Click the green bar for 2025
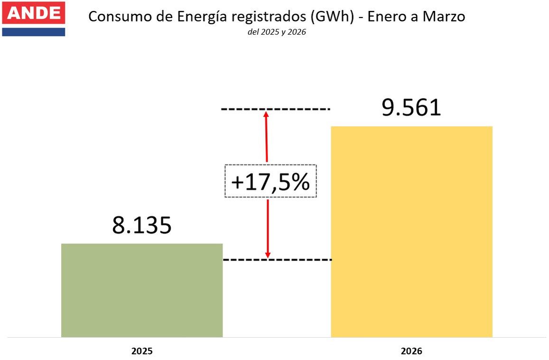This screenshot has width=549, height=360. click(142, 290)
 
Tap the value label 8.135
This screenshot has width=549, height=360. click(142, 226)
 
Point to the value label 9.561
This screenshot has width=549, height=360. click(411, 108)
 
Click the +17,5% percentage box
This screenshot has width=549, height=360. click(270, 181)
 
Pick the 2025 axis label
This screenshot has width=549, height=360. click(142, 351)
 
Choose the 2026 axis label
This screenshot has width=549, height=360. click(411, 351)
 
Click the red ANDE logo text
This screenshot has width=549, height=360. click(33, 13)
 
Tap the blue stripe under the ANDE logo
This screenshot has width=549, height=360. click(33, 32)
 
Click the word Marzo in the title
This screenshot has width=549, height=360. click(444, 17)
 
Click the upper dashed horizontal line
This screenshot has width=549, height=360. click(275, 110)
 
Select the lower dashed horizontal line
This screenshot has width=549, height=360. click(278, 259)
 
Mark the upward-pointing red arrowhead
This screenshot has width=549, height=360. click(266, 114)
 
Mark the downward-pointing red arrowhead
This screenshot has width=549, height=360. click(268, 255)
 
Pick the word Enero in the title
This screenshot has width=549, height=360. click(389, 17)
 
